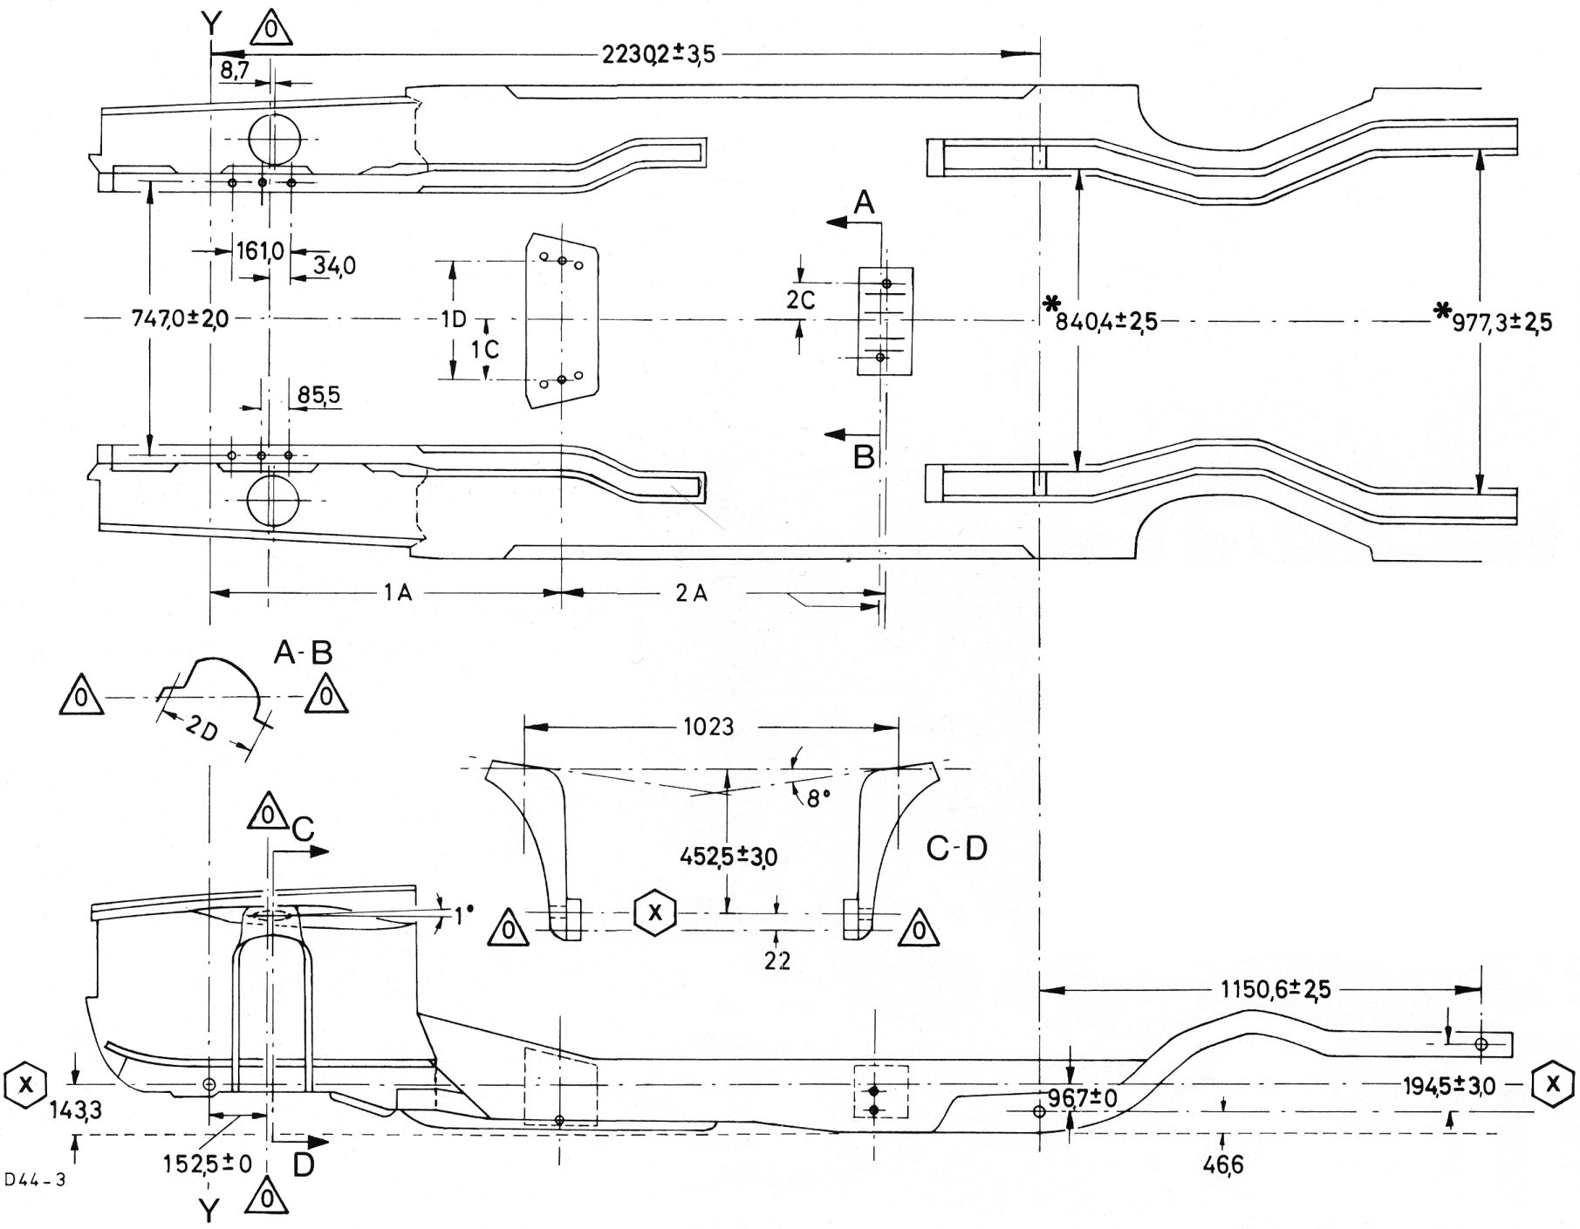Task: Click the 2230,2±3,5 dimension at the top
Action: click(x=658, y=54)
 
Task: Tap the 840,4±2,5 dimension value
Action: click(x=1105, y=321)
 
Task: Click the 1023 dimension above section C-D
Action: click(x=708, y=727)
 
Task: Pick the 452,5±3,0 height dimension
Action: click(x=728, y=857)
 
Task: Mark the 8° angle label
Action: click(x=816, y=797)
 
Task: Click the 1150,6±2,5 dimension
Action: click(x=1275, y=989)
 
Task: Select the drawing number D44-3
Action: click(x=35, y=1181)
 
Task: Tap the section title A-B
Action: click(x=303, y=652)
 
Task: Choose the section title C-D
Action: click(x=956, y=848)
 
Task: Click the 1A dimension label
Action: click(x=397, y=593)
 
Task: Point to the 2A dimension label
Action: click(x=691, y=593)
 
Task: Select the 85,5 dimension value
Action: click(x=318, y=396)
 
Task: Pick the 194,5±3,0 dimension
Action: click(x=1449, y=1086)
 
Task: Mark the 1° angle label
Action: click(x=463, y=915)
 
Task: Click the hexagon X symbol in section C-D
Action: click(x=654, y=912)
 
